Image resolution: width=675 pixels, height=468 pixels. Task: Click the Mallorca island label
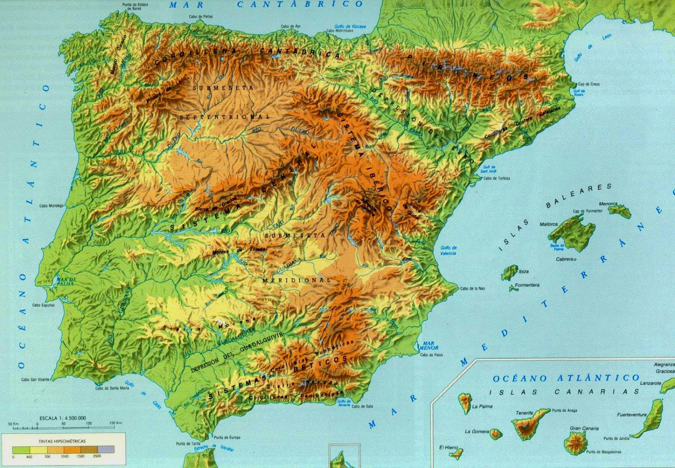coord(548,224)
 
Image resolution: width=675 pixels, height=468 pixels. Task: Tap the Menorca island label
coord(608,204)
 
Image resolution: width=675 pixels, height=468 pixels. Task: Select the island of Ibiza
coord(510,272)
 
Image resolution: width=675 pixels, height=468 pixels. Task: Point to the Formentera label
coord(527,285)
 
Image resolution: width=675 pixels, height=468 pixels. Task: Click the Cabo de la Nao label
coord(472,289)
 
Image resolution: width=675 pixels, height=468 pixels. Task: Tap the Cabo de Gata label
coord(362,406)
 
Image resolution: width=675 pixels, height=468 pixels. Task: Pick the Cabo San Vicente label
coord(35,379)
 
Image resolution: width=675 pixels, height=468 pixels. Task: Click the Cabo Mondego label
coord(51,206)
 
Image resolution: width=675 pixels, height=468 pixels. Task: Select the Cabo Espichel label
coord(43,305)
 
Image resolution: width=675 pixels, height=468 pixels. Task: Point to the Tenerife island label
coord(524,413)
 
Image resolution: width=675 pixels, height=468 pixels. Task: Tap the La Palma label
coord(482,406)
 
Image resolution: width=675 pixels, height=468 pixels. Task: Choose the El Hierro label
coord(448,448)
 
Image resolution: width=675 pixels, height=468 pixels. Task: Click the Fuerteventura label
coord(632,415)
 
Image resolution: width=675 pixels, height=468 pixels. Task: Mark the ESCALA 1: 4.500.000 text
coord(62,418)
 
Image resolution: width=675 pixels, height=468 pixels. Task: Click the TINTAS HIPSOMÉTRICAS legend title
coord(62,441)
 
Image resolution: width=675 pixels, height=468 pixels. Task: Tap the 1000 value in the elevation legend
coord(64,456)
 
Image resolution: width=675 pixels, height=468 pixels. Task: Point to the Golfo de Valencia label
coord(448,250)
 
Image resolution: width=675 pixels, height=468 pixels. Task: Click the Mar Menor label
coord(429,346)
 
